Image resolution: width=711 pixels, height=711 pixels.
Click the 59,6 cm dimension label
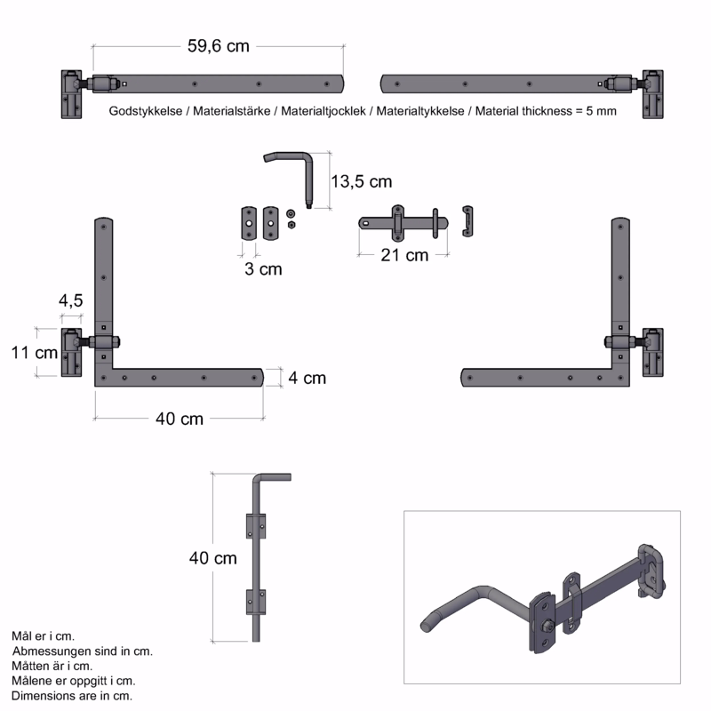219,46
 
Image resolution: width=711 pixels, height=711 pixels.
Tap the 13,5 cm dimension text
362,181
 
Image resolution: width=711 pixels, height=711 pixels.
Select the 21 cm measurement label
404,255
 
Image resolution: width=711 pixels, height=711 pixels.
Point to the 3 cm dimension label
263,269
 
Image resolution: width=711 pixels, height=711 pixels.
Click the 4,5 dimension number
71,300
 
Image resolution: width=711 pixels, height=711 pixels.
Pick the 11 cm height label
35,352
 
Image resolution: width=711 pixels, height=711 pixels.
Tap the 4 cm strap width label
307,378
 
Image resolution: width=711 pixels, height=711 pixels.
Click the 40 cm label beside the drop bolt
213,558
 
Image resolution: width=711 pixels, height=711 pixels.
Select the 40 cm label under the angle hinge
180,419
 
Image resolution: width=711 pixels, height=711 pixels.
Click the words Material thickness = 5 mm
546,111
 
